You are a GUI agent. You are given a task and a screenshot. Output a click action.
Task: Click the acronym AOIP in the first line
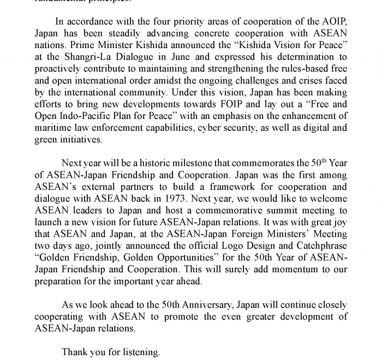331,21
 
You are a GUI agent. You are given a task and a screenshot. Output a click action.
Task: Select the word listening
141,352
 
